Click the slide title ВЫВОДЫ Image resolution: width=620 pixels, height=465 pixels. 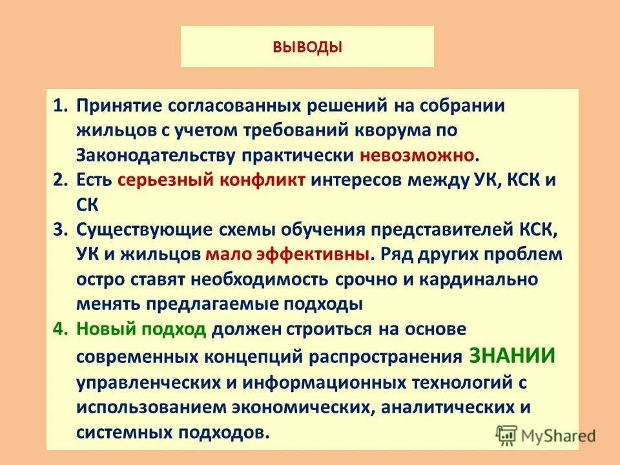(x=307, y=47)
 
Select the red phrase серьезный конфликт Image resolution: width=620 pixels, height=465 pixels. (x=212, y=180)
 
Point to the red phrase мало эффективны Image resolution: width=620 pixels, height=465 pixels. (x=288, y=254)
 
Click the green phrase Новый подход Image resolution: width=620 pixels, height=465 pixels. (x=141, y=329)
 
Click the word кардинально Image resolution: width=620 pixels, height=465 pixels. (x=475, y=279)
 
